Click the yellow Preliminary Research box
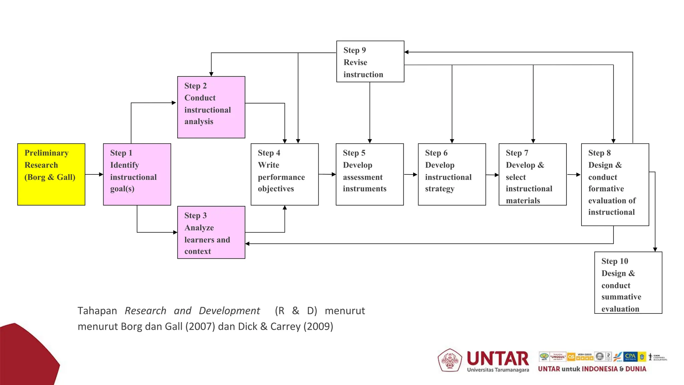pos(51,174)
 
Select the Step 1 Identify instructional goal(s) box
pos(137,174)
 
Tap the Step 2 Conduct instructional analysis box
pos(211,107)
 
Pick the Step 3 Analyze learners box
pos(211,232)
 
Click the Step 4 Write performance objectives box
pos(285,174)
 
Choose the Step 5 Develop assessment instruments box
pos(369,174)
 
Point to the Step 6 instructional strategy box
pos(452,174)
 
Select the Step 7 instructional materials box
pos(532,174)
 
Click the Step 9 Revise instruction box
pos(370,61)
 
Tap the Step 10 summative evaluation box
pos(628,283)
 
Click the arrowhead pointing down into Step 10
pos(655,249)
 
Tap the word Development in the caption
pos(229,311)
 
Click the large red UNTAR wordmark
pos(498,358)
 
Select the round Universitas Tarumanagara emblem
pos(450,360)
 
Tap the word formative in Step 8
pos(606,189)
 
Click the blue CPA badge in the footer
pos(630,356)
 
